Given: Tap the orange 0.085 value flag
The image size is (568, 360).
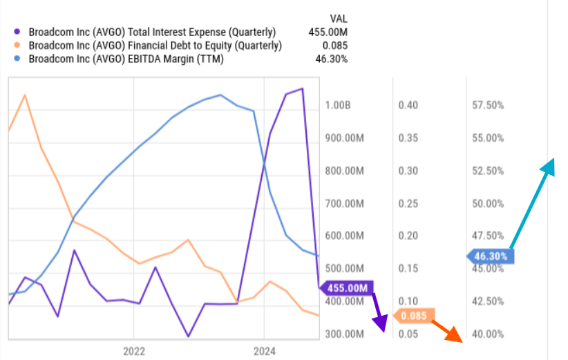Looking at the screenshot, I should click(x=413, y=316).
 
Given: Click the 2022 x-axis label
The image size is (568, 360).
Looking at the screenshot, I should click(x=133, y=351).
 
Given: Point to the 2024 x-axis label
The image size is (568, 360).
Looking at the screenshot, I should click(x=264, y=351).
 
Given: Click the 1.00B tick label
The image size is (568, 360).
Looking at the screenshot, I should click(x=338, y=105).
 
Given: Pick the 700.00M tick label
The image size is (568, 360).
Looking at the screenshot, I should click(x=343, y=203).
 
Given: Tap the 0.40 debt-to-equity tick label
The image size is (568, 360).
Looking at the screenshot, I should click(x=408, y=105).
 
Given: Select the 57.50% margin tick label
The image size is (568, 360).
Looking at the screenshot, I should click(x=487, y=105).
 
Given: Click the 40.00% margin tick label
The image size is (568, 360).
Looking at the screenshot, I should click(x=487, y=334).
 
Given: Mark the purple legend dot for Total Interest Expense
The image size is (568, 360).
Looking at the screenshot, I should click(x=18, y=32).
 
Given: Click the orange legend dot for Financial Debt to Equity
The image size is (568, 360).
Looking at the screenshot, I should click(x=18, y=46).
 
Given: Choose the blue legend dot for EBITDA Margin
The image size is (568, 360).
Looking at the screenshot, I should click(x=18, y=59).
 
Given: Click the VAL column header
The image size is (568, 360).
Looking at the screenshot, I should click(x=339, y=18).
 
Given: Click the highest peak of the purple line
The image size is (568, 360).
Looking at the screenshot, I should click(x=301, y=88).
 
